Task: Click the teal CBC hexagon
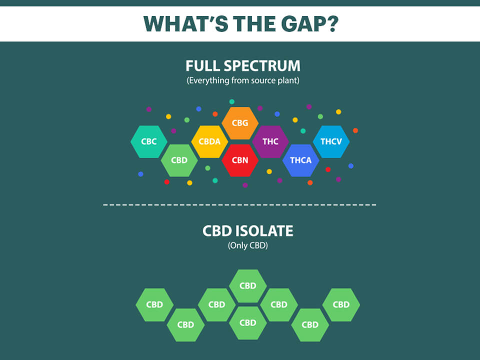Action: (149, 141)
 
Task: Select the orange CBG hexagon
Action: (240, 122)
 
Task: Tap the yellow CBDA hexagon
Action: (209, 141)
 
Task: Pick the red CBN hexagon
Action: (240, 160)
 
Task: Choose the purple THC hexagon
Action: (270, 141)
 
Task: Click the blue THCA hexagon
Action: (300, 160)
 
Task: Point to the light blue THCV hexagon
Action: (331, 141)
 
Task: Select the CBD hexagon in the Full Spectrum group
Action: (179, 160)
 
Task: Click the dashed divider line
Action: (240, 204)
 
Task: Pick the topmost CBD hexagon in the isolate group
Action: (248, 285)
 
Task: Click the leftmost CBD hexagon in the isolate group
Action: (154, 304)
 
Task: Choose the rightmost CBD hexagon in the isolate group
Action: (341, 304)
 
